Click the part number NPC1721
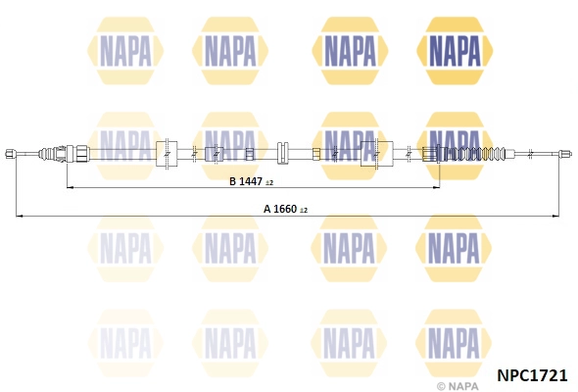coord(532,375)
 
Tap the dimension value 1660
coord(285,209)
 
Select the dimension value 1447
coord(251,181)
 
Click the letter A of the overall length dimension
coord(267,209)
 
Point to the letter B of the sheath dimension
coord(232,181)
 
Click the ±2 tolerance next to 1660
coord(304,211)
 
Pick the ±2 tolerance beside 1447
coord(269,183)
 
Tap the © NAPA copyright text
coord(458,386)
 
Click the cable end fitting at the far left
coord(11,154)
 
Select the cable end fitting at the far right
coord(565,154)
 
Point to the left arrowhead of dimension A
coord(20,216)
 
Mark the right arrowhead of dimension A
coord(555,216)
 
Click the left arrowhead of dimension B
coord(70,188)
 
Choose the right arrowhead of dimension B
coord(436,188)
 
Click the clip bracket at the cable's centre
coord(283,153)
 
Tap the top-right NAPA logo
coord(455,51)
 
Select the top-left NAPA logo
coord(125,51)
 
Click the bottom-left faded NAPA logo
coord(125,343)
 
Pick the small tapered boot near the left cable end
coord(47,153)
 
